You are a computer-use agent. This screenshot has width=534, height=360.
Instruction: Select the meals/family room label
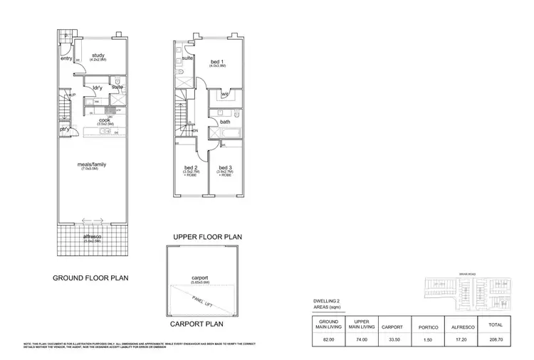92,164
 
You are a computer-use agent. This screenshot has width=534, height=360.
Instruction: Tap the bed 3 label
226,169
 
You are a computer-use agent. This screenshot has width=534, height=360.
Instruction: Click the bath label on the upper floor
225,122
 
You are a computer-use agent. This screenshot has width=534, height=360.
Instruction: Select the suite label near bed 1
187,58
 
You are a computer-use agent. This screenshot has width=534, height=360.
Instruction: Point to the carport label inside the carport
199,278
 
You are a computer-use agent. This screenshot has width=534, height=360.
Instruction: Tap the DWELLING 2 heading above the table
328,302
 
